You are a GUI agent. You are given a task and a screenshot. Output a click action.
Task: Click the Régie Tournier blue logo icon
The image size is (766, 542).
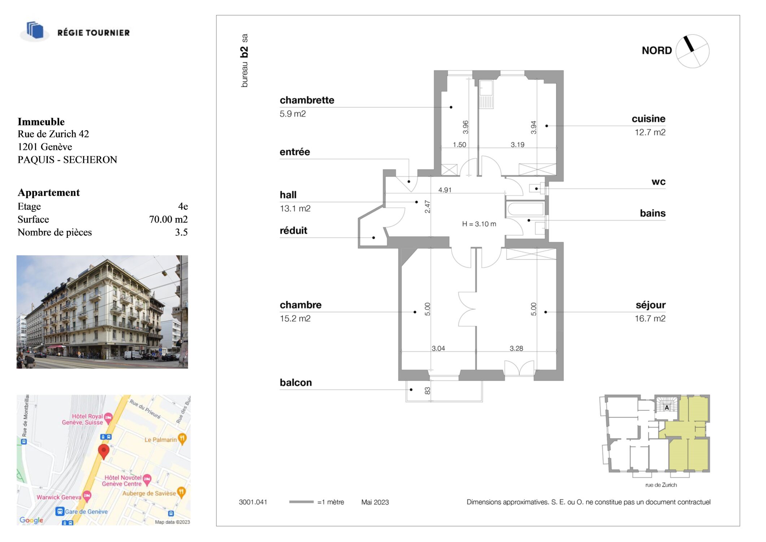[35, 30]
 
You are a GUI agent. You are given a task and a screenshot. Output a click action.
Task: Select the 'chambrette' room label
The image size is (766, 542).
[307, 100]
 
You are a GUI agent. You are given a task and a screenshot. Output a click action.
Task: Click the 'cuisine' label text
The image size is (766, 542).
[648, 119]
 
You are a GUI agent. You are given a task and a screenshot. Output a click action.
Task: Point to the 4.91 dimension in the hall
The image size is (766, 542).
[445, 190]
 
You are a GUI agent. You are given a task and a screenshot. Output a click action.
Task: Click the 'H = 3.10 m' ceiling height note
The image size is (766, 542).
[479, 224]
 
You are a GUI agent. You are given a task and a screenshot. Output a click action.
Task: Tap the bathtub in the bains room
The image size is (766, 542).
[525, 209]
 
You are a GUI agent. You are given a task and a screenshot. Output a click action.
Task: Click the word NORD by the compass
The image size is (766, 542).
[657, 51]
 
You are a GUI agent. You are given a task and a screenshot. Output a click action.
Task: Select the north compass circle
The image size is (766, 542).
[692, 51]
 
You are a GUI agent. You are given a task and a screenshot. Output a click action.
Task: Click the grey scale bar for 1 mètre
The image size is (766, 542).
[301, 502]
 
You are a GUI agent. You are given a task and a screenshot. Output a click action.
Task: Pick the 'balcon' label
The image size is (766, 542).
[296, 382]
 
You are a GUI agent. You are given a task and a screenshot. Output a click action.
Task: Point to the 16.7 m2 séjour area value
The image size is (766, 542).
[650, 318]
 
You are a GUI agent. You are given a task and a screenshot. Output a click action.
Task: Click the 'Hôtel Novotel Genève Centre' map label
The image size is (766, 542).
[122, 481]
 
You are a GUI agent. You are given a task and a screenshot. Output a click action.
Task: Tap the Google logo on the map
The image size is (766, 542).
[31, 520]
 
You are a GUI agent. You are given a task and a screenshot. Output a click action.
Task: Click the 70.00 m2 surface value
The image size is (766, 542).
[168, 219]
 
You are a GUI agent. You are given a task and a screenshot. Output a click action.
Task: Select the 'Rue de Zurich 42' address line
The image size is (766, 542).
[53, 134]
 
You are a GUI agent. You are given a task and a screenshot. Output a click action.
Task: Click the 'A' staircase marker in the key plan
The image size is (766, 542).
[667, 408]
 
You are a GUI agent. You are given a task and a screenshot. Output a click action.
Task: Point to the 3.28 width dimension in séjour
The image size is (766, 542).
[516, 348]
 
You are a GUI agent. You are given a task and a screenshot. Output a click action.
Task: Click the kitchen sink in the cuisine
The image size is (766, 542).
[486, 88]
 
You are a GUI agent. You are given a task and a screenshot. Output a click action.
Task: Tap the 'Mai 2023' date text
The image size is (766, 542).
[375, 502]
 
